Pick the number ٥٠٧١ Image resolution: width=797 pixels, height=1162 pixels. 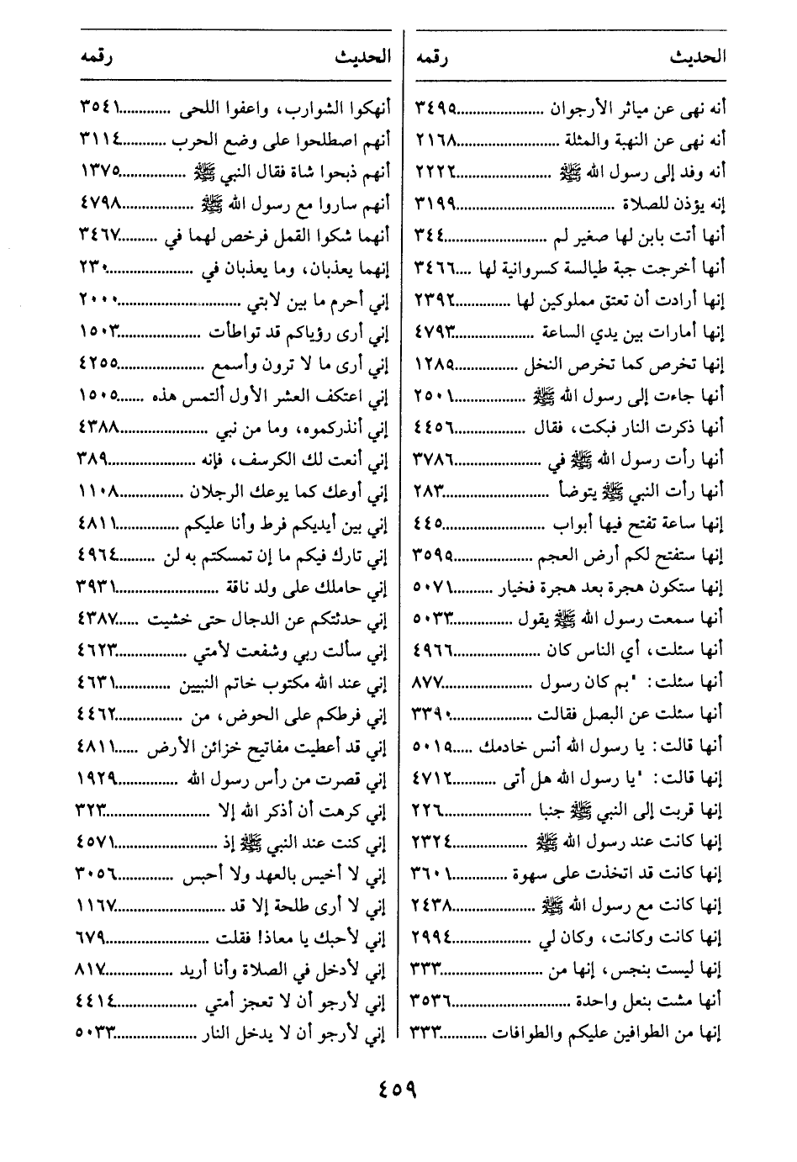pos(435,586)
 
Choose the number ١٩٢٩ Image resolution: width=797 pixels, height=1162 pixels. pos(98,778)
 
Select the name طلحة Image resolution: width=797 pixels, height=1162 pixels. pos(291,906)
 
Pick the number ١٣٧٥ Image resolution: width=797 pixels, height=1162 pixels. pos(100,172)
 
